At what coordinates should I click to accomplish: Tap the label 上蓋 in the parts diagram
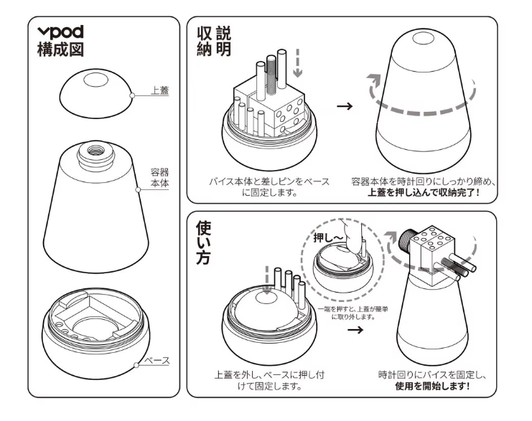160,91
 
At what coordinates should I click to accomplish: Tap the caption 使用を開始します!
433,386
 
